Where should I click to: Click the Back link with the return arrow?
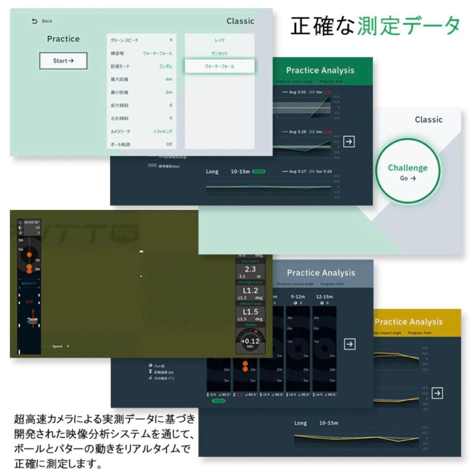click(42, 21)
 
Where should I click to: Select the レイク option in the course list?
click(219, 40)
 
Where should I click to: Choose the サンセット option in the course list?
click(219, 53)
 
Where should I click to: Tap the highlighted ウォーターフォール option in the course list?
click(219, 66)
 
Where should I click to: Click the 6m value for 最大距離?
click(169, 79)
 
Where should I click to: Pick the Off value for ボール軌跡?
click(169, 144)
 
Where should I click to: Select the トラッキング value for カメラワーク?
click(162, 131)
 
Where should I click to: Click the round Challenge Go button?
click(408, 171)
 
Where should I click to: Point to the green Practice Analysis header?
click(320, 71)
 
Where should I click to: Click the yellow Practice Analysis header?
click(409, 322)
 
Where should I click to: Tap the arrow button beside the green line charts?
click(349, 141)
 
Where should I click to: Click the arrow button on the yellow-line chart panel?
click(437, 393)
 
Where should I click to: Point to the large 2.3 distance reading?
click(250, 270)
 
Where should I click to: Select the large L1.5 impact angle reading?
click(250, 312)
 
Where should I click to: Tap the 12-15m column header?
click(324, 297)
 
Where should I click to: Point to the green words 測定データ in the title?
click(409, 26)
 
